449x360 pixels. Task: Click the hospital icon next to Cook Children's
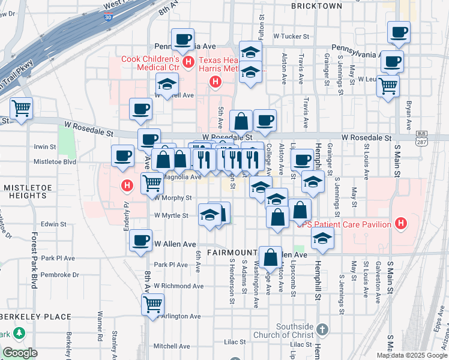point(188,61)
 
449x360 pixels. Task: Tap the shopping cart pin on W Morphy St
point(152,182)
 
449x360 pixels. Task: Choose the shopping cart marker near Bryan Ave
point(388,85)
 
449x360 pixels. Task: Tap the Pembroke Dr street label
point(60,275)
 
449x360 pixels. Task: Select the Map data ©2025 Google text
point(412,355)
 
